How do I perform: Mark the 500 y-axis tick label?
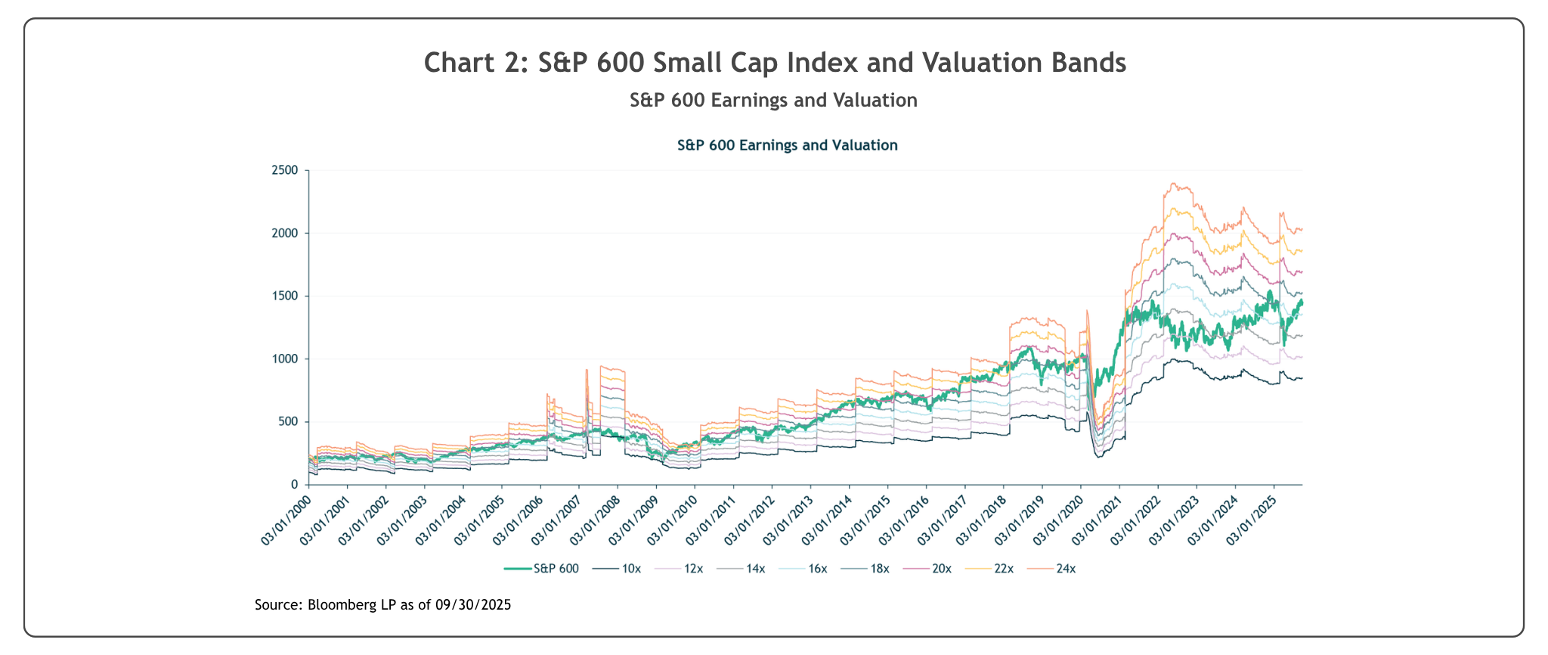pyautogui.click(x=293, y=421)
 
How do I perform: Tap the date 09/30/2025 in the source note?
pyautogui.click(x=473, y=605)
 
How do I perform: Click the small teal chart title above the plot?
pyautogui.click(x=787, y=145)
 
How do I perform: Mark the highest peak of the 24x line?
pyautogui.click(x=1172, y=183)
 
